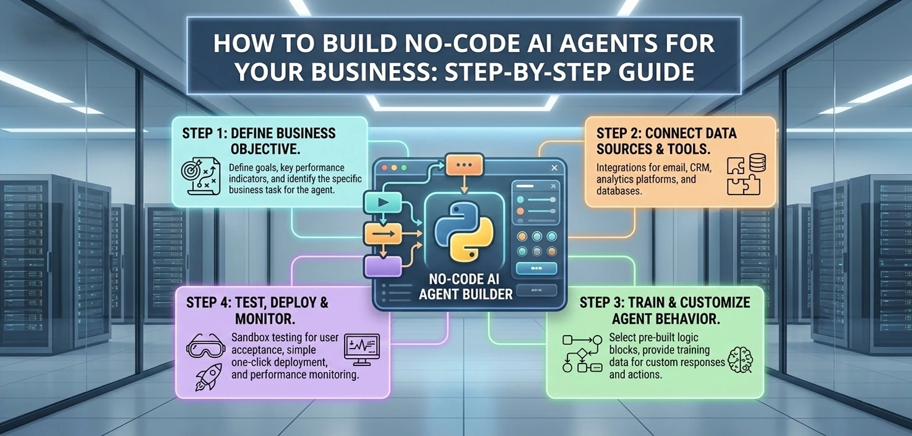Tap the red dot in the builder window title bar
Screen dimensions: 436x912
384,168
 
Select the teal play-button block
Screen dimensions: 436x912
383,203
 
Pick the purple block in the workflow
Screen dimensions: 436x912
383,266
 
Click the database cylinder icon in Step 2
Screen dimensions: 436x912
757,163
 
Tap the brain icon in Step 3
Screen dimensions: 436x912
740,360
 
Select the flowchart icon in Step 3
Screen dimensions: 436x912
582,354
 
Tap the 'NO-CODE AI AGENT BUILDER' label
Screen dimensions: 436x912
465,287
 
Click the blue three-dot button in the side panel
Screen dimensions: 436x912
536,268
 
